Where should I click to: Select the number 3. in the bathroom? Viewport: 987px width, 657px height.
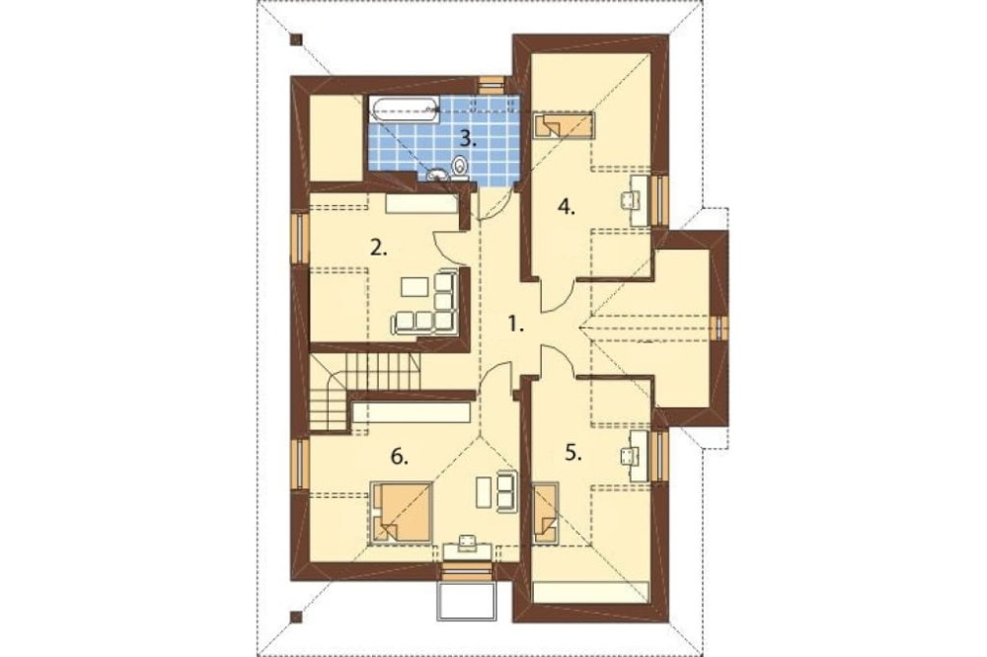coord(472,139)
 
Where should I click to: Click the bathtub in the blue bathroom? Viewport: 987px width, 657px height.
coord(404,109)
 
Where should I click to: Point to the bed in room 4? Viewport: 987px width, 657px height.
coord(564,125)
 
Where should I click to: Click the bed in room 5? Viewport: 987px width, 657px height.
coord(545,514)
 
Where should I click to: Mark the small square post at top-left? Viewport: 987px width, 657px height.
coord(294,39)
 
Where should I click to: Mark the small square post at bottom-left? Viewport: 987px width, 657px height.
coord(294,619)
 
